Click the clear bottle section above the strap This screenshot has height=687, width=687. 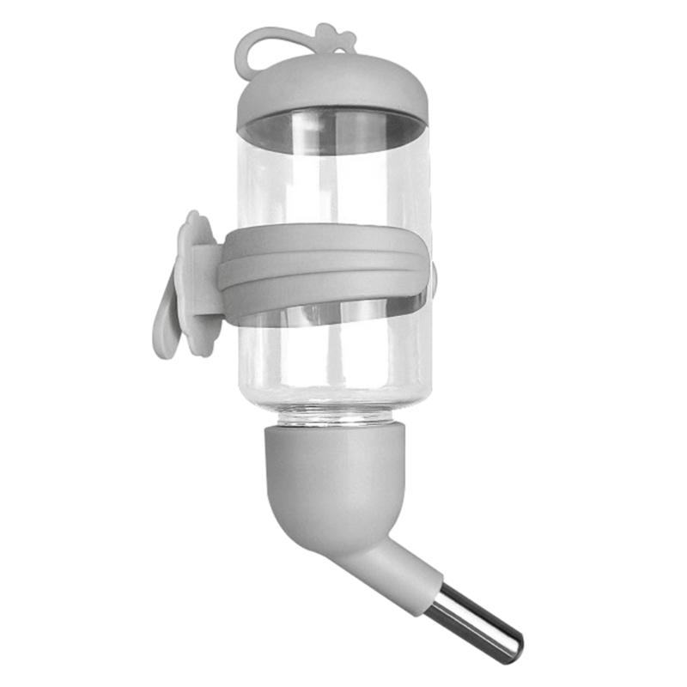(335, 185)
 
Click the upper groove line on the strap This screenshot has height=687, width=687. (326, 255)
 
